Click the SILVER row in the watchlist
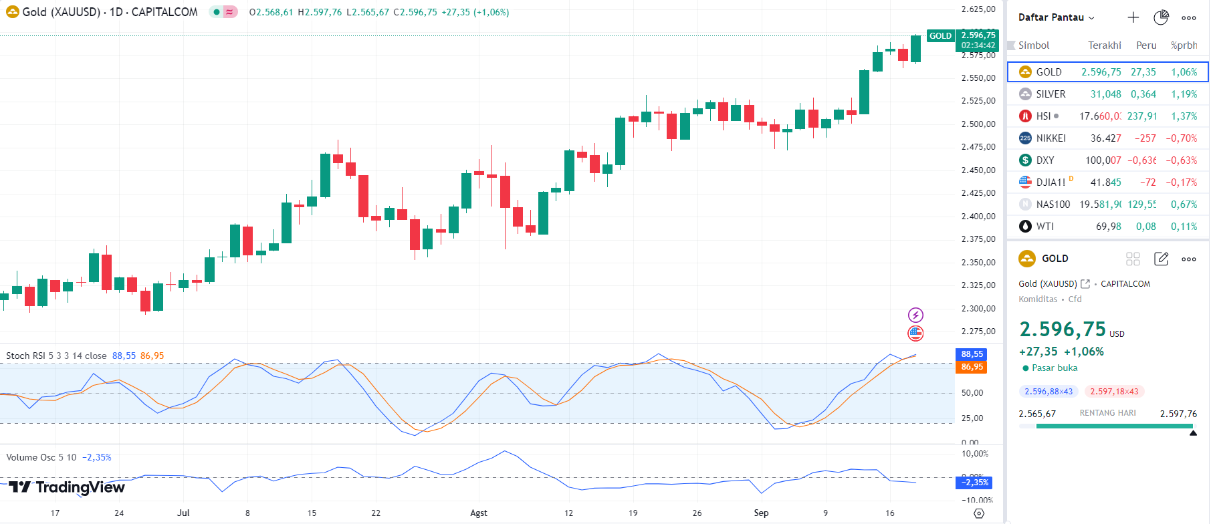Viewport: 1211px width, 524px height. [x=1051, y=94]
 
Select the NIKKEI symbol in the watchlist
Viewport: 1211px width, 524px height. [x=1051, y=138]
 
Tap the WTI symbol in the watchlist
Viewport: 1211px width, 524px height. [x=1044, y=227]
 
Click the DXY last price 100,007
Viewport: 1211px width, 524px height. [x=1103, y=160]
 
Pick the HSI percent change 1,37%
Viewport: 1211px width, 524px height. [x=1184, y=116]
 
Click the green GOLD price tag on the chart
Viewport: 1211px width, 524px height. [x=940, y=36]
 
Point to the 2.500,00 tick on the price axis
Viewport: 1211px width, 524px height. [x=978, y=124]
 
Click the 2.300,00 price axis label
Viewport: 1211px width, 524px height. [x=978, y=309]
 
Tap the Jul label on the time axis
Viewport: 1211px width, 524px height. [x=183, y=513]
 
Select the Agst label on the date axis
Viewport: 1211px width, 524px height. [x=479, y=513]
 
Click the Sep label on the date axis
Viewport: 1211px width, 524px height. [x=761, y=513]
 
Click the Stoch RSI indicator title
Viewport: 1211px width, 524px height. [x=56, y=356]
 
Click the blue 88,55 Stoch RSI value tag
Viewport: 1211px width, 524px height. [x=972, y=354]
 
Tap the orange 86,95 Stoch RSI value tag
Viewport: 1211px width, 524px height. [x=972, y=367]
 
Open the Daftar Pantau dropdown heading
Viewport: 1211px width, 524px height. [x=1056, y=17]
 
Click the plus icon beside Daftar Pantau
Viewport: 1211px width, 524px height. [x=1133, y=17]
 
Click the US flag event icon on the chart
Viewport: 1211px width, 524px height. [x=915, y=333]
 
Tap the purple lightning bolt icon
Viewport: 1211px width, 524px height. [x=915, y=315]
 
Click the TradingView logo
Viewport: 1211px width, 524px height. [x=67, y=487]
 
